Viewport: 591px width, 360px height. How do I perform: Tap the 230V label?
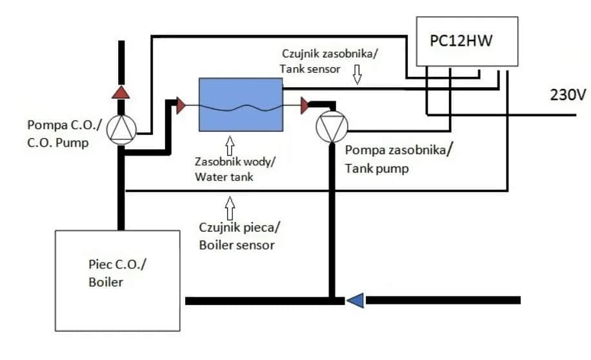(x=567, y=94)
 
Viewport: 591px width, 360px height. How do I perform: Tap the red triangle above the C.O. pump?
(x=121, y=92)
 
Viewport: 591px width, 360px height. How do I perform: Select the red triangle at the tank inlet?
(x=181, y=105)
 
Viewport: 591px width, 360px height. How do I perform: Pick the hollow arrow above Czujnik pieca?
(x=230, y=208)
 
